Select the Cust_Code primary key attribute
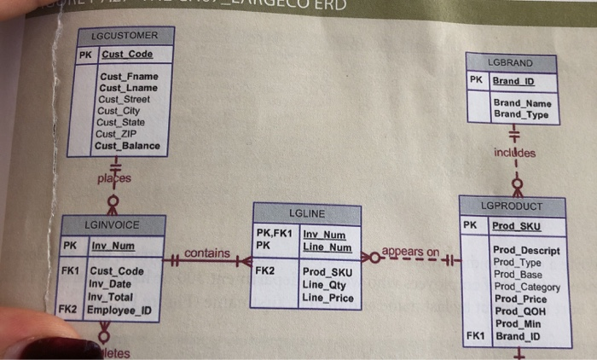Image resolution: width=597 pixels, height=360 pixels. coord(127,55)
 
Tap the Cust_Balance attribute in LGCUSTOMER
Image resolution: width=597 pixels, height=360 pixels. coord(129,146)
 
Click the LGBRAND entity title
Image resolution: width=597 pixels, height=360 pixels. coord(510,63)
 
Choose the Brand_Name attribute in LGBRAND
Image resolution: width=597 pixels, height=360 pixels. coord(522,103)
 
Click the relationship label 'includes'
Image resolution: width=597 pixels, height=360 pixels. coord(514,154)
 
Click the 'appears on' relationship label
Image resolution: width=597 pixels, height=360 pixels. coord(410,253)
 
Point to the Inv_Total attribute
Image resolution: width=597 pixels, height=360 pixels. coord(112,297)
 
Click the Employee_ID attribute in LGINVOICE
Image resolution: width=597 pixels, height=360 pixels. coord(119,310)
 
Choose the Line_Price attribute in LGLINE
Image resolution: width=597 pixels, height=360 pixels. coord(328,298)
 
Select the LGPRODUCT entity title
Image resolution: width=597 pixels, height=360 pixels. coord(512,206)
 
